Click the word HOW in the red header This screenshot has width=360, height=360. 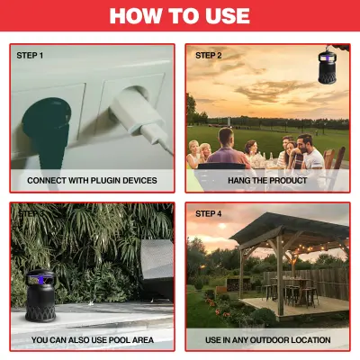[136, 15]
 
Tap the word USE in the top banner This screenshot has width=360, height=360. [225, 15]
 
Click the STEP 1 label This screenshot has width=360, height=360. [30, 56]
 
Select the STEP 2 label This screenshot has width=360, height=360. [209, 56]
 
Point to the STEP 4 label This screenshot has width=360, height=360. [209, 214]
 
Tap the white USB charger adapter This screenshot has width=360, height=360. [138, 115]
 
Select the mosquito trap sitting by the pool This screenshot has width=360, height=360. [40, 295]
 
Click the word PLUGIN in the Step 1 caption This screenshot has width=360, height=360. [106, 180]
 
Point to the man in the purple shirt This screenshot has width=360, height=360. [228, 149]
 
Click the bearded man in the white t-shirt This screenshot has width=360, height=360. [310, 154]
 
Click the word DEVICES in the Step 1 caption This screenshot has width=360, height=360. [141, 180]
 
